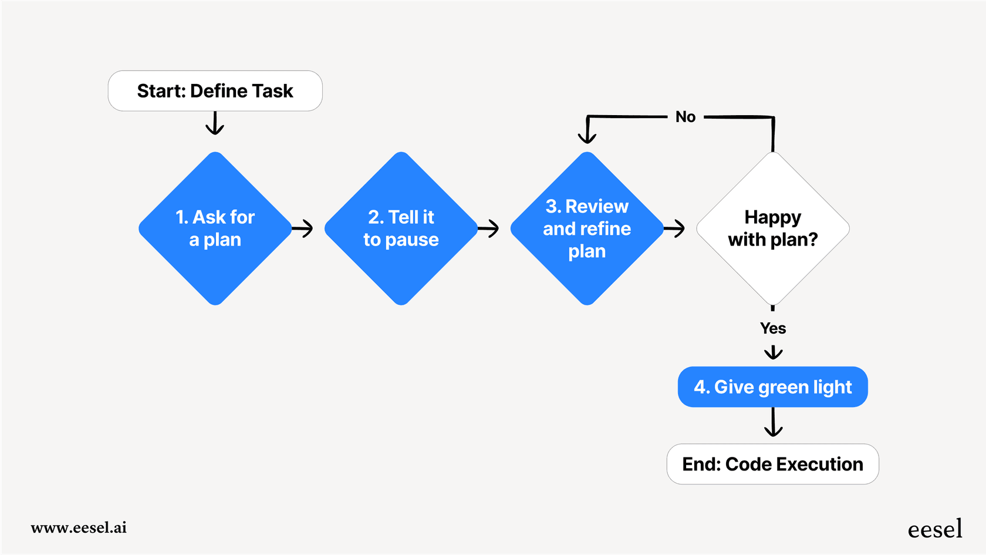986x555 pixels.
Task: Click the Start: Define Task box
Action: coord(215,91)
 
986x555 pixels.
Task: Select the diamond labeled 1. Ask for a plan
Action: coord(215,228)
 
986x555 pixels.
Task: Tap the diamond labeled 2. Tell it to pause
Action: coord(401,228)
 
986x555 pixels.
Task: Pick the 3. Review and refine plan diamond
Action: coord(587,228)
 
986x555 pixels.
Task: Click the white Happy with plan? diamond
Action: coord(772,228)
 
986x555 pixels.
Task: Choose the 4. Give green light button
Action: coord(772,387)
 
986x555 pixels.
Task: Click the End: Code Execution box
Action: coord(772,464)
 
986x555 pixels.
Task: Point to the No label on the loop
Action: coord(685,117)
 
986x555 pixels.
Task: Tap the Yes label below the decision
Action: coord(772,328)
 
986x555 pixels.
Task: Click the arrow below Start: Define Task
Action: coord(215,124)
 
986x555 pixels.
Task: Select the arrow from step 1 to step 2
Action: coord(303,228)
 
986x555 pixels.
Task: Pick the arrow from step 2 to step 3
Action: coord(489,228)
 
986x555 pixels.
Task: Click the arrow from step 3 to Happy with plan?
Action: coord(675,228)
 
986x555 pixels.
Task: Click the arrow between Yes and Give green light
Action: coord(773,352)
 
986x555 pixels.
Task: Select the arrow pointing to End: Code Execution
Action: coord(773,423)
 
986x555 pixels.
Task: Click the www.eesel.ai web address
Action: coord(79,527)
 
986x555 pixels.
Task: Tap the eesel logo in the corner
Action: coord(935,529)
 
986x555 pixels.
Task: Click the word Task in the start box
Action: coord(273,91)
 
